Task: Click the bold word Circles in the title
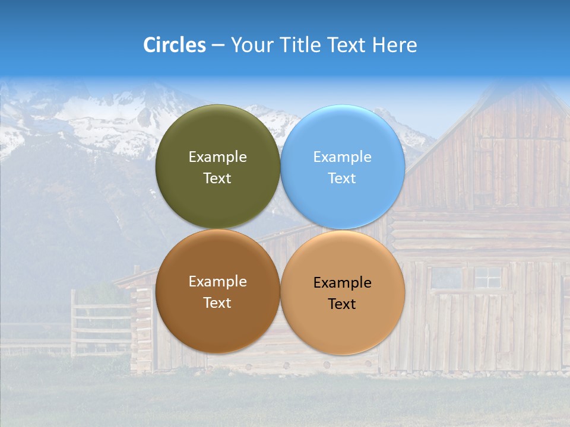tap(175, 45)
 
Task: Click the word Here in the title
tap(394, 45)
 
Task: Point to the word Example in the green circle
tap(217, 157)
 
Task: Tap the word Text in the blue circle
tap(342, 179)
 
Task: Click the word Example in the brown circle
tap(217, 282)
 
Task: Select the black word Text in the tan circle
tap(342, 304)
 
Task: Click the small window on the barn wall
tap(487, 277)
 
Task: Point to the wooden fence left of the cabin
tap(98, 323)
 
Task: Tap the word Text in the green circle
tap(217, 179)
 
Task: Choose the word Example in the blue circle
tap(342, 157)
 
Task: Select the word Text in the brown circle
tap(217, 303)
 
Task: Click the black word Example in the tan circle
tap(342, 283)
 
